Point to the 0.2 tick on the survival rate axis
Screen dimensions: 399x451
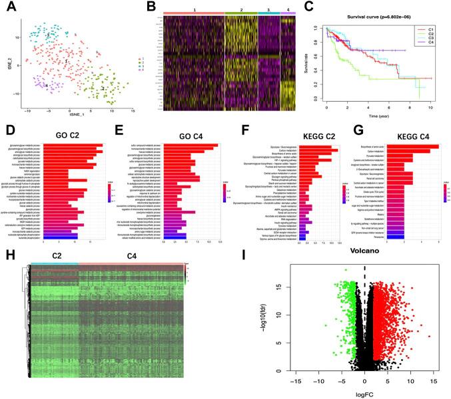point(320,84)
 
